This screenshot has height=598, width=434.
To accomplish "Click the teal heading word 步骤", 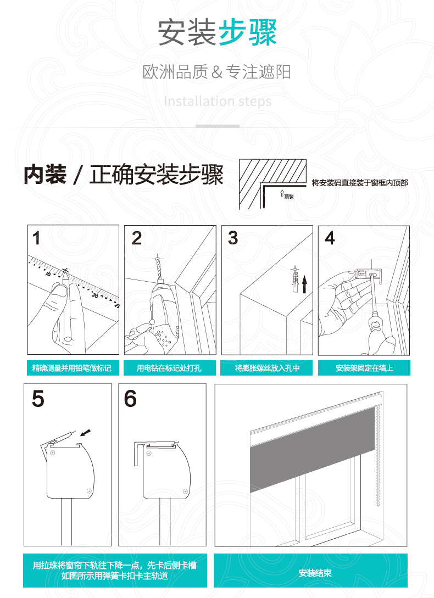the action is click(248, 32).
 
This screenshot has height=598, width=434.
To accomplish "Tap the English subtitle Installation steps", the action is click(218, 102).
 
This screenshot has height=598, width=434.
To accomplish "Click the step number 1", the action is click(36, 239).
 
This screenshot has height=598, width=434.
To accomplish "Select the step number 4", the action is click(330, 238).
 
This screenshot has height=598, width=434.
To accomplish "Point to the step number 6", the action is click(130, 399).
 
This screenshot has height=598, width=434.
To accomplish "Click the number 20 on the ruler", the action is click(95, 295).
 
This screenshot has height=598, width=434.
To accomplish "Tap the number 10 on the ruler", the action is click(48, 274).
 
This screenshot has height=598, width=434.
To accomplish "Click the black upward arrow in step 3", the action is click(304, 284).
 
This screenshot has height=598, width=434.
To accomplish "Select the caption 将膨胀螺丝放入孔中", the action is click(267, 368).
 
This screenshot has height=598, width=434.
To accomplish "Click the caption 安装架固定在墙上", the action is click(364, 368).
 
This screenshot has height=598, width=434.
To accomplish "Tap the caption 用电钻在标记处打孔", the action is click(169, 368).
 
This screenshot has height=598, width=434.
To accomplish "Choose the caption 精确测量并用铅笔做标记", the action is click(72, 368).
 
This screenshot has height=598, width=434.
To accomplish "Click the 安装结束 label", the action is click(315, 573).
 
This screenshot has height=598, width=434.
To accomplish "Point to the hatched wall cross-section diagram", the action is click(272, 184).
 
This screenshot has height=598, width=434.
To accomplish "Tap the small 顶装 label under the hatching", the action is click(289, 197).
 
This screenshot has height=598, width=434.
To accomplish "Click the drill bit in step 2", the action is click(157, 269).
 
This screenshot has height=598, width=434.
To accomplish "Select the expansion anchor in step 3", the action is click(295, 280).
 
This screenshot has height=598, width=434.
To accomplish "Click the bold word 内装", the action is click(45, 175).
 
